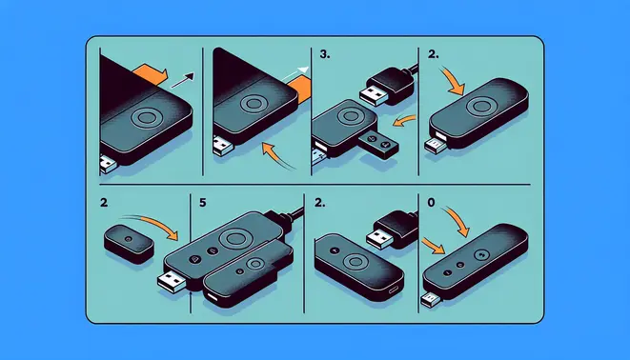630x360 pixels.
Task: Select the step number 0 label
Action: coord(430,203)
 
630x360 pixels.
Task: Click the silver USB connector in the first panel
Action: coord(108,165)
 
